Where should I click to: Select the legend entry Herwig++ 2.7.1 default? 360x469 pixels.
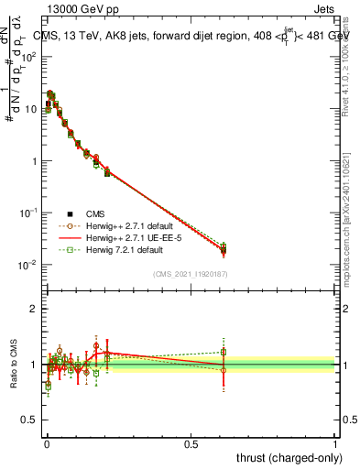point(127,225)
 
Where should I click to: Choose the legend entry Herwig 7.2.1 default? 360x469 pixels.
point(123,249)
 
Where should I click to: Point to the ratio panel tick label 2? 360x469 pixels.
point(34,309)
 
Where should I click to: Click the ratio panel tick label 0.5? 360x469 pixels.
point(30,422)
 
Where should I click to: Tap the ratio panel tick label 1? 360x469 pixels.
point(34,365)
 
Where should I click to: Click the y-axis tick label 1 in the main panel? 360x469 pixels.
point(34,161)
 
